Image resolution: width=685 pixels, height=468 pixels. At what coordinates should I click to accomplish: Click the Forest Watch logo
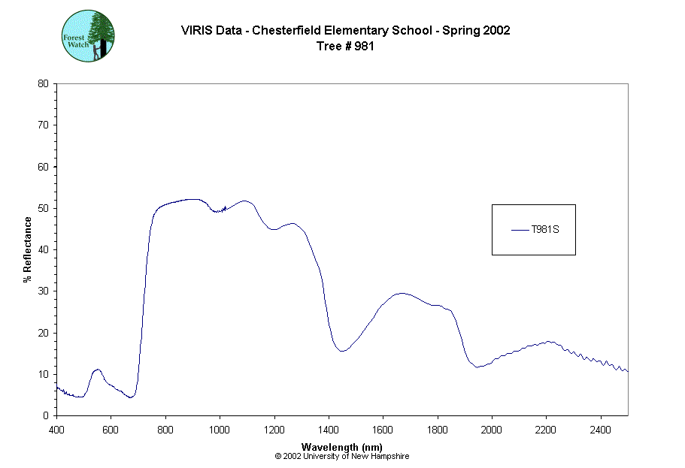[x=88, y=36]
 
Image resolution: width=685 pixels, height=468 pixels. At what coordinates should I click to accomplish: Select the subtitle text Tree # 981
[x=345, y=46]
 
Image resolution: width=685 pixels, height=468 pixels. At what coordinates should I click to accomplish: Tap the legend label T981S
[x=544, y=230]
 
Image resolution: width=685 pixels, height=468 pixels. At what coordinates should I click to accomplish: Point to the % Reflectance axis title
[x=28, y=249]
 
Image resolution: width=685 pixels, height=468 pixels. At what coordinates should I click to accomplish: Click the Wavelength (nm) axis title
[x=342, y=447]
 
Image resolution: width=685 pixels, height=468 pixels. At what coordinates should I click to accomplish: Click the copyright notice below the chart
[x=342, y=456]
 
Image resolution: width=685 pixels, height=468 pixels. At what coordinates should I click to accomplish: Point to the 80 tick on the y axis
[x=44, y=83]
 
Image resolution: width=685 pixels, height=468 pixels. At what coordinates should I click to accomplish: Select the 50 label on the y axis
[x=44, y=208]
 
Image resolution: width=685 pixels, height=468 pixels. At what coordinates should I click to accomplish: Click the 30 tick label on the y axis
[x=44, y=291]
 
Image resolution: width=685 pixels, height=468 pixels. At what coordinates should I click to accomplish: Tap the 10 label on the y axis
[x=44, y=374]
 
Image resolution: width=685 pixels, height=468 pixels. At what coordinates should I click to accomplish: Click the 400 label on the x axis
[x=56, y=430]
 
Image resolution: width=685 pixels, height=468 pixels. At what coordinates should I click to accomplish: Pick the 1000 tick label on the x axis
[x=220, y=430]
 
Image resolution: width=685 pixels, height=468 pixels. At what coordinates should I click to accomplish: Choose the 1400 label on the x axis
[x=329, y=430]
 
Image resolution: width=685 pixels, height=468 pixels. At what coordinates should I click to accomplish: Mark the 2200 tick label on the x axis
[x=547, y=430]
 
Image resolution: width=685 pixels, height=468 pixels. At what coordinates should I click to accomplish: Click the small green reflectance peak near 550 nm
[x=97, y=370]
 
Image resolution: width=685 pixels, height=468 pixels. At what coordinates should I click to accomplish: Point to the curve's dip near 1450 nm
[x=342, y=351]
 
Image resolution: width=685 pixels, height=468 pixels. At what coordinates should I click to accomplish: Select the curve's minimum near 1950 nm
[x=477, y=367]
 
